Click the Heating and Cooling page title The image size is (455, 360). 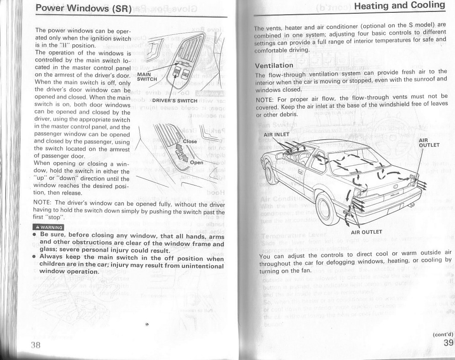point(399,5)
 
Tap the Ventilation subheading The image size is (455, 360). point(274,65)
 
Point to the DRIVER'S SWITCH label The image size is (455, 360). point(175,101)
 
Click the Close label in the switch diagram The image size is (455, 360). point(190,141)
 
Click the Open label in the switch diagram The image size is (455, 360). point(196,162)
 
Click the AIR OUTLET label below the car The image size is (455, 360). point(366,232)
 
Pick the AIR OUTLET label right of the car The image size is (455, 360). point(429,143)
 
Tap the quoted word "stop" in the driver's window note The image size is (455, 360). point(56,217)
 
